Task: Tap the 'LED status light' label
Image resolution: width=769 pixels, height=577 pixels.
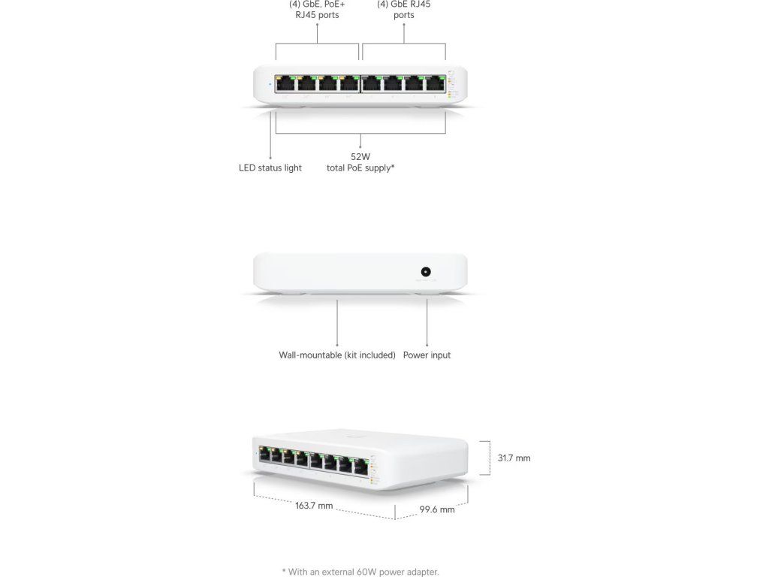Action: point(270,168)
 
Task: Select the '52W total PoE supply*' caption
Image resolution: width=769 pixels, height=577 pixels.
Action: point(360,162)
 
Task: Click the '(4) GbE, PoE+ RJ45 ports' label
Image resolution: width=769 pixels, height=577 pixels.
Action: point(317,9)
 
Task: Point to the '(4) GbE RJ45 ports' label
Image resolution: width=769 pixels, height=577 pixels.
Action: point(404,9)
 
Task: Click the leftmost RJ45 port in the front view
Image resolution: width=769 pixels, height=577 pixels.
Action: point(285,84)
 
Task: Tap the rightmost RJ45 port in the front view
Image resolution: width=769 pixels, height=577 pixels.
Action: point(436,84)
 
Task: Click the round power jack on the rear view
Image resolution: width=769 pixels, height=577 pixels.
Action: point(427,272)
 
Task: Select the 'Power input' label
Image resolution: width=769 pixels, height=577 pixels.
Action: point(427,355)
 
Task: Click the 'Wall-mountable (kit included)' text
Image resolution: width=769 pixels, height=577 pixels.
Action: point(337,355)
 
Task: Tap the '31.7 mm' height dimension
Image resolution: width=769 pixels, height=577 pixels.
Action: point(514,458)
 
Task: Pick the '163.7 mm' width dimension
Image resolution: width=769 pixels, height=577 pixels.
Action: point(314,506)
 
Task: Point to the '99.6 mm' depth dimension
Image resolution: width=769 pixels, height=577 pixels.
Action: point(437,509)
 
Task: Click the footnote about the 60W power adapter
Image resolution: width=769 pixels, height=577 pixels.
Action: point(360,572)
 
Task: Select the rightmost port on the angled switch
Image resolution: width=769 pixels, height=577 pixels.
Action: point(361,465)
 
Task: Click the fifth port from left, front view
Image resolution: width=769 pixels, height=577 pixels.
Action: point(372,84)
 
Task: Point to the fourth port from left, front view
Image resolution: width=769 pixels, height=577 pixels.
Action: point(349,84)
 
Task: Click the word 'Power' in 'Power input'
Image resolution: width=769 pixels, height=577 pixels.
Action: point(415,355)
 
